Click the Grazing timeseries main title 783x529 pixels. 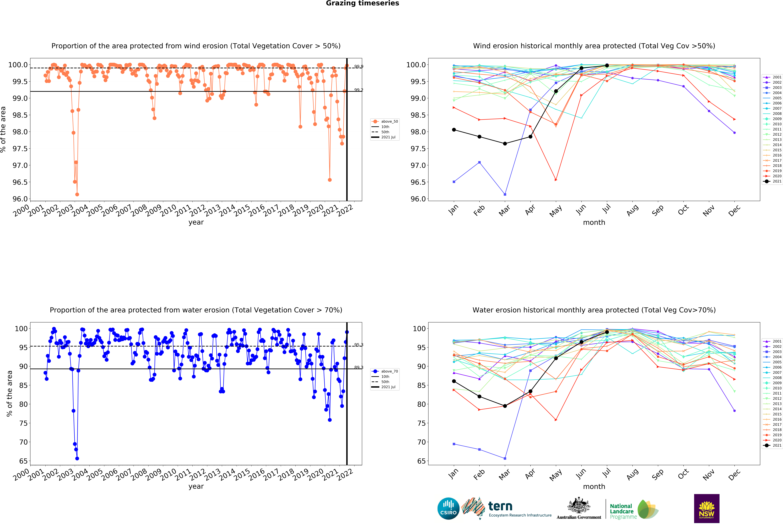(362, 3)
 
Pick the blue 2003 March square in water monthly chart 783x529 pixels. (505, 458)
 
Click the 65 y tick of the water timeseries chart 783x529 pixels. (24, 461)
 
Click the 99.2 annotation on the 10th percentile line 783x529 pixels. (358, 90)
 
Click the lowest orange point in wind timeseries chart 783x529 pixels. (77, 194)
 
